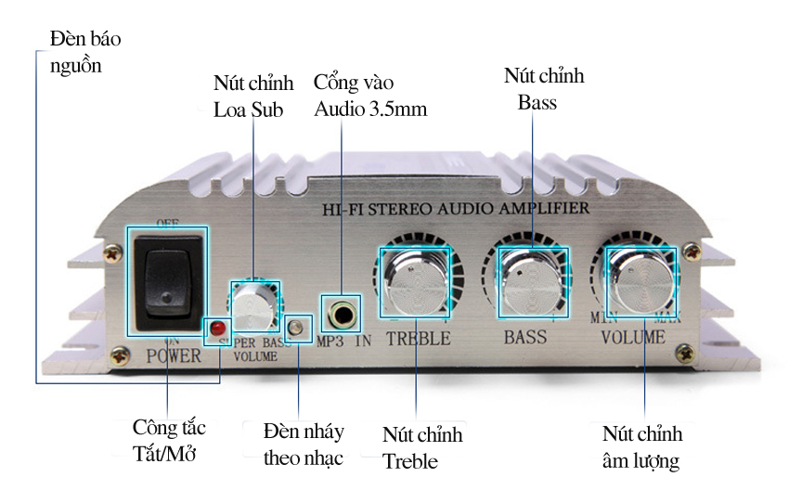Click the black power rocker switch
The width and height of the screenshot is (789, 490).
point(167,282)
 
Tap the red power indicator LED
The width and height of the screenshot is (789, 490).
point(217,329)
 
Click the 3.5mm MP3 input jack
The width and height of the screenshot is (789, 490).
point(342,313)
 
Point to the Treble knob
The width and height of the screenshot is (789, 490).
point(415,282)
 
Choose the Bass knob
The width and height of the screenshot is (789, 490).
point(532,279)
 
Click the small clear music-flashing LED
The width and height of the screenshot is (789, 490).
point(297,328)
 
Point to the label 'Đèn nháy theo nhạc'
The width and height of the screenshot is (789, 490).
point(303,445)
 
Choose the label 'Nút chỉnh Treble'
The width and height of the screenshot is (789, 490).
point(421,447)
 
